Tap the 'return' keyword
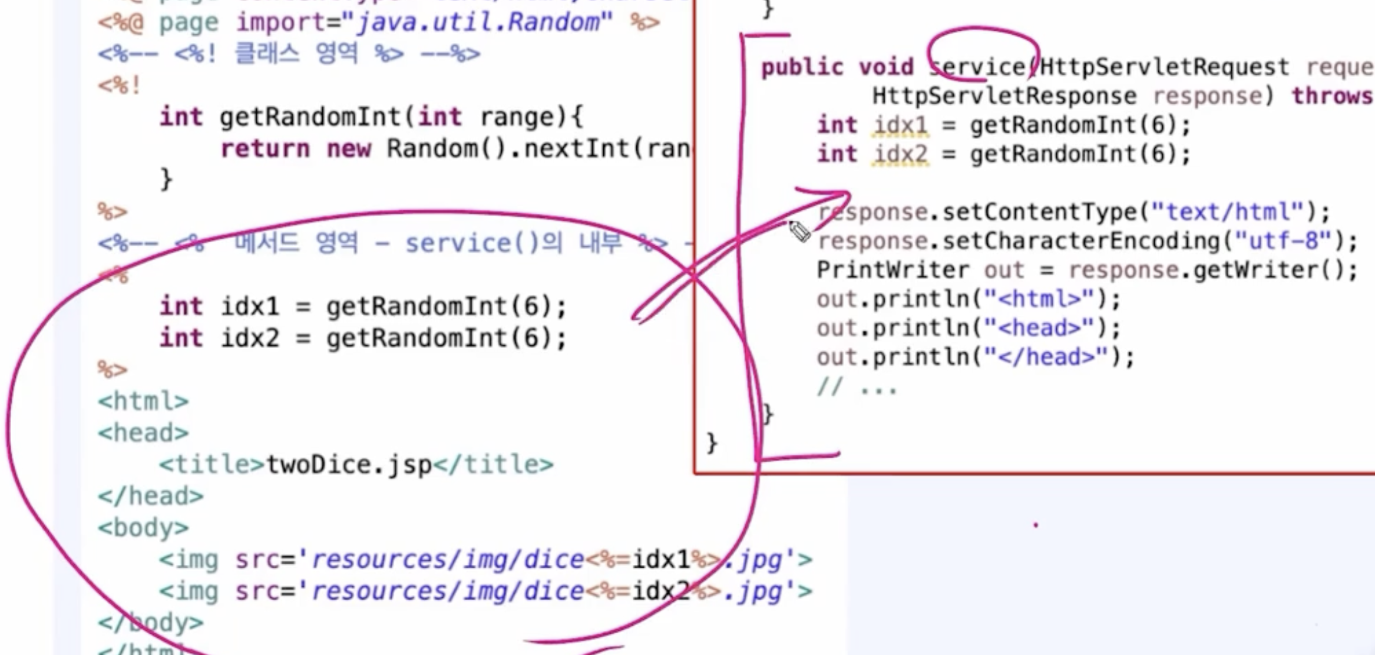pyautogui.click(x=265, y=149)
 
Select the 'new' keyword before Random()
pyautogui.click(x=349, y=149)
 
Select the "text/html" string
pyautogui.click(x=1228, y=211)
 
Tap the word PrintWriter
pyautogui.click(x=893, y=270)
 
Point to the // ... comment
pyautogui.click(x=857, y=387)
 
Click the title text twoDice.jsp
pyautogui.click(x=349, y=465)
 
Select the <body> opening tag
pyautogui.click(x=143, y=528)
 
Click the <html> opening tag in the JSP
pyautogui.click(x=143, y=402)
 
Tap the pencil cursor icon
pyautogui.click(x=799, y=231)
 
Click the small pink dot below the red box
pyautogui.click(x=1036, y=525)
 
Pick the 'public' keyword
pyautogui.click(x=802, y=67)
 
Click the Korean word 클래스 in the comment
pyautogui.click(x=266, y=54)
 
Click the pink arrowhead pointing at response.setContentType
pyautogui.click(x=839, y=194)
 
